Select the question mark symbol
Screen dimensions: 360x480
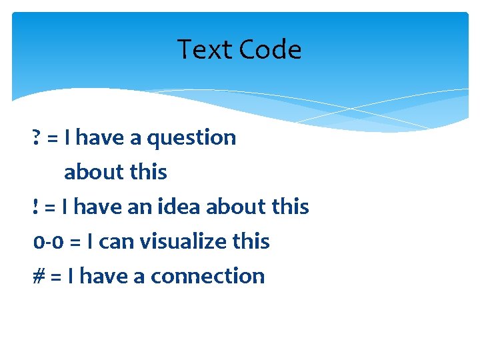36,137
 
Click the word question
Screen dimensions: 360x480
191,138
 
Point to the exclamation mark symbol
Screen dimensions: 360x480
35,207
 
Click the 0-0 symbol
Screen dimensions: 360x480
48,241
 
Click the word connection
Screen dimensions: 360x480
208,276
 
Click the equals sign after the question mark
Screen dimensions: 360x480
53,138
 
